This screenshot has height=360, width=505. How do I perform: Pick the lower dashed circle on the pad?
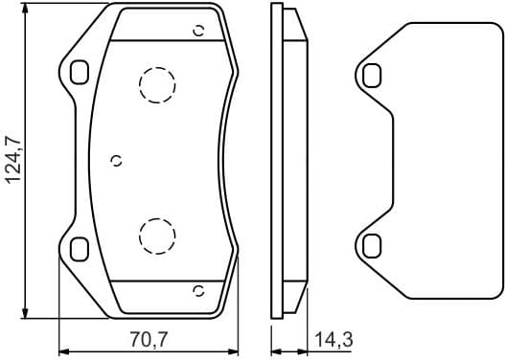pos(154,233)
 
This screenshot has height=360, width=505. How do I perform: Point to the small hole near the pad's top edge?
pos(198,30)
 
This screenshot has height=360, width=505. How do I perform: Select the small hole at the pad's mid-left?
pos(117,160)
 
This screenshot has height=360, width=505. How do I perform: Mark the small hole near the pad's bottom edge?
pos(198,290)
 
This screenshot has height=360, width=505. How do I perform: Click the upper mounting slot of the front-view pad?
pos(79,71)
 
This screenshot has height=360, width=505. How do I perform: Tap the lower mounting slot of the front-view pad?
pos(79,248)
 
